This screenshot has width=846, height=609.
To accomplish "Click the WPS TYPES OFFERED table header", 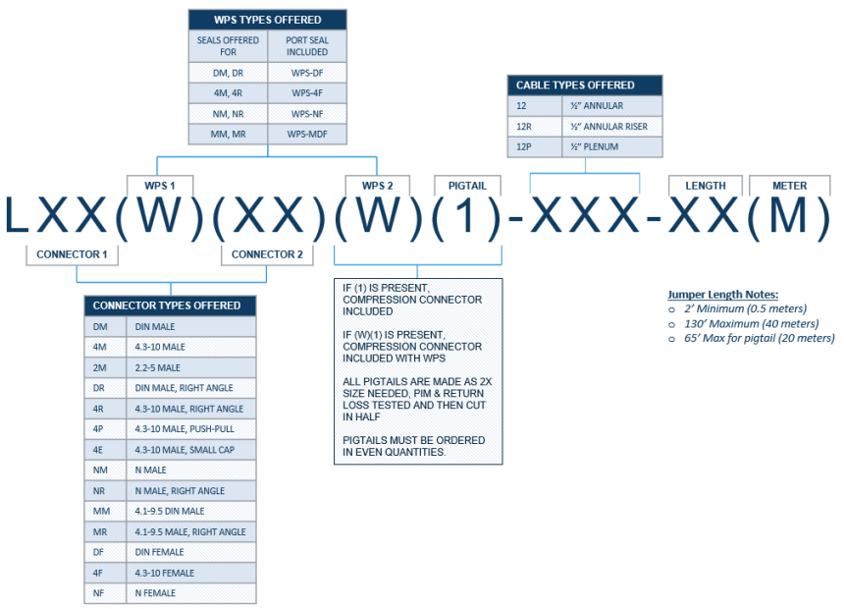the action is click(x=268, y=20).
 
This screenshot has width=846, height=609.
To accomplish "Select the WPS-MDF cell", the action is click(x=307, y=134).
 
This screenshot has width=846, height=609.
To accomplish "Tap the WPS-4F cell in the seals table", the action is click(x=307, y=93).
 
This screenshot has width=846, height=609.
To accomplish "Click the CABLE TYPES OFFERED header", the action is click(x=585, y=85).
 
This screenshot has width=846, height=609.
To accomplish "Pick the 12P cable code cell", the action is click(x=535, y=147).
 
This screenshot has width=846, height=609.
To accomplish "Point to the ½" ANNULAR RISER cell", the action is click(x=611, y=127).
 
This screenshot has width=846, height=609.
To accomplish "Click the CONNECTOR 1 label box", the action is click(x=72, y=254).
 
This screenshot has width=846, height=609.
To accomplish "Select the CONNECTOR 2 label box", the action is click(x=267, y=254).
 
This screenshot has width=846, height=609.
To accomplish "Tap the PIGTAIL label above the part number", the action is click(x=467, y=186).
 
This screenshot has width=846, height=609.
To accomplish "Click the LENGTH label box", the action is click(x=706, y=186).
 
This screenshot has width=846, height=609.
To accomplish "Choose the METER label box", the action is click(x=790, y=186).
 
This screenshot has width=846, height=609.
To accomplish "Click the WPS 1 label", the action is click(x=160, y=186).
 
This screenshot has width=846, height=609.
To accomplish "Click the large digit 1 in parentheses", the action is click(x=466, y=216).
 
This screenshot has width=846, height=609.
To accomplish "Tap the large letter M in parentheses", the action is click(x=788, y=215).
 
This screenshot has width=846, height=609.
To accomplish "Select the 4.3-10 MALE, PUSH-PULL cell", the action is click(x=191, y=429).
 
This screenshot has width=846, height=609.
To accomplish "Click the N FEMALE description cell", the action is click(x=191, y=593).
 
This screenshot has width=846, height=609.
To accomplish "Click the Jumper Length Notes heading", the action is click(x=723, y=295).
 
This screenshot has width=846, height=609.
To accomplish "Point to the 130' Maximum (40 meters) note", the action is click(x=751, y=324).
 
